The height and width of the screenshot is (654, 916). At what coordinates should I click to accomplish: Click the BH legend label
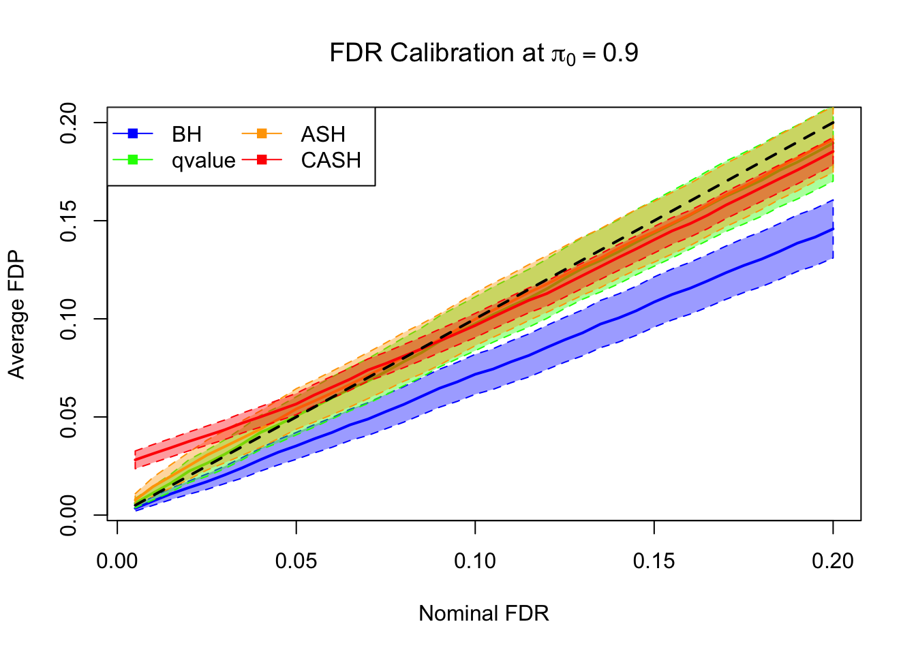(x=187, y=134)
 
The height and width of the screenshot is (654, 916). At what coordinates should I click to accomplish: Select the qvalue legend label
(x=203, y=161)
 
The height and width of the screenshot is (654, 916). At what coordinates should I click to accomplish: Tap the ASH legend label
(x=323, y=134)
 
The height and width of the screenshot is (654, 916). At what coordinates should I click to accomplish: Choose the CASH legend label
(x=331, y=161)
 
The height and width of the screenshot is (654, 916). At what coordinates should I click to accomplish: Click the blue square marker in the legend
(x=133, y=134)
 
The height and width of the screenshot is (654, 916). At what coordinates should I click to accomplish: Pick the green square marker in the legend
(x=133, y=160)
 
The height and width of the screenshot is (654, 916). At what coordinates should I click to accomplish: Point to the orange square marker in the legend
(x=262, y=134)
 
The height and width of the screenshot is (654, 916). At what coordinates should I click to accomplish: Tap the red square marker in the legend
(x=262, y=160)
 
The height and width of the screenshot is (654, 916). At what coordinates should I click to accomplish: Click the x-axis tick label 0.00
(x=117, y=561)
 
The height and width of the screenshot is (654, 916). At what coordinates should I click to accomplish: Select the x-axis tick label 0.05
(x=296, y=561)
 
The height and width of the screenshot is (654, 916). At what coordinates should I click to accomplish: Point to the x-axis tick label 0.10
(x=475, y=561)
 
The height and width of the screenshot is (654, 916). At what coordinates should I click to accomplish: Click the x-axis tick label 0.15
(x=654, y=561)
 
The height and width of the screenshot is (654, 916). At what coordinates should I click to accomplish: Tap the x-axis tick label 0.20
(x=833, y=561)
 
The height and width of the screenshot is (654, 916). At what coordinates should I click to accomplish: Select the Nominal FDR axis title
(x=483, y=614)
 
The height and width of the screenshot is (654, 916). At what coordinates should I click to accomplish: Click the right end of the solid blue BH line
(x=833, y=229)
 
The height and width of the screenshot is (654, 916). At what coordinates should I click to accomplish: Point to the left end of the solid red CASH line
(x=136, y=460)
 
